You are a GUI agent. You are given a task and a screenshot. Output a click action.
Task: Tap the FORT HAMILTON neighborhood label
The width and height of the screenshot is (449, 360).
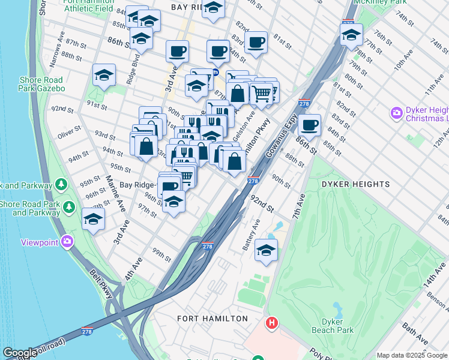point(212,318)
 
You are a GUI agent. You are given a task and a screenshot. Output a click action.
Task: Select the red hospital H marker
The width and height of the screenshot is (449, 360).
point(272,323)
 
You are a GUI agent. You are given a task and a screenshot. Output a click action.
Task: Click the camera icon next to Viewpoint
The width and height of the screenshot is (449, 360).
point(67,242)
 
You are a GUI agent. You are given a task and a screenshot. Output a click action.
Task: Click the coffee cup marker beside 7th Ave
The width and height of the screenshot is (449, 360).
point(309,125)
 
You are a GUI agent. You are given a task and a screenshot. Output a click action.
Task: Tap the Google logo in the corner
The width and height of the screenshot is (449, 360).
point(20,353)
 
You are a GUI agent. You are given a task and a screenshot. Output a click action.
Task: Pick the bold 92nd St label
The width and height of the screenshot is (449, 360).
point(262,204)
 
